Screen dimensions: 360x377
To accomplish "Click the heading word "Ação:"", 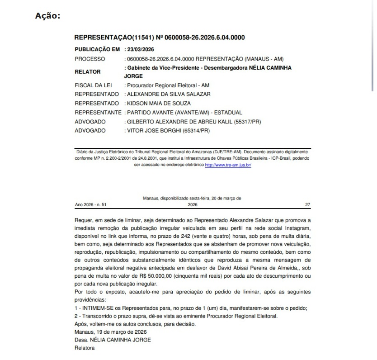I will coord(47,16).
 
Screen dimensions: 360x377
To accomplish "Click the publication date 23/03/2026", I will coord(143,49).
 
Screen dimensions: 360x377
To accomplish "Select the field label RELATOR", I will coord(88,71).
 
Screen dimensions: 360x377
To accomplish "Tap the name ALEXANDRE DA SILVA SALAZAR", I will coord(169,94).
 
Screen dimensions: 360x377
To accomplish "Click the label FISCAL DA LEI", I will coord(93,85).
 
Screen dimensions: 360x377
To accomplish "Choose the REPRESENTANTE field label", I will coord(98,112).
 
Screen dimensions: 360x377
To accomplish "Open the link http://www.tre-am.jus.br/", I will coord(228,165).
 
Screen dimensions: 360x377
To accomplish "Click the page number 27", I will coord(308,204).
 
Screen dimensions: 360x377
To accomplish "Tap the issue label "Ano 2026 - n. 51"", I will coord(90,204).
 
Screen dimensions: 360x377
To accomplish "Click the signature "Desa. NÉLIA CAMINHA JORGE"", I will coord(113,340).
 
